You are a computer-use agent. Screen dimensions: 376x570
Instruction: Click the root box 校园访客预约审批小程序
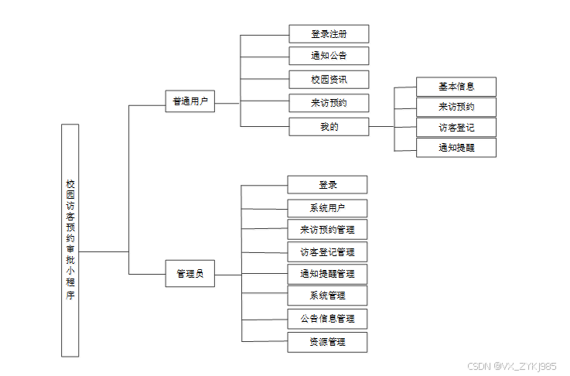[x=70, y=240]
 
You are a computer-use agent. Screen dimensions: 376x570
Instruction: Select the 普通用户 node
[x=189, y=101]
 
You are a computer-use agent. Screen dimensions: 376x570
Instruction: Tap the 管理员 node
[x=189, y=274]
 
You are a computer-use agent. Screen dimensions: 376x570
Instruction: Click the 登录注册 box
[x=329, y=34]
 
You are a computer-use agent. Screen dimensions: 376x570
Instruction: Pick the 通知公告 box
[x=329, y=56]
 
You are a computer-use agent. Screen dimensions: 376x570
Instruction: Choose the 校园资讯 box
[x=329, y=79]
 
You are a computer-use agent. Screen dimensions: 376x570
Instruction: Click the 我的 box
[x=329, y=126]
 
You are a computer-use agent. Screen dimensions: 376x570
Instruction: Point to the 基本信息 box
[x=456, y=87]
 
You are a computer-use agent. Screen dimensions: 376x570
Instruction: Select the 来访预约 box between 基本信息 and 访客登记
[x=456, y=107]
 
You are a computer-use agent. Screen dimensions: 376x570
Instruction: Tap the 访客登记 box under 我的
[x=456, y=128]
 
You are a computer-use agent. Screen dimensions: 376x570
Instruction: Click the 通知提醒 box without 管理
[x=456, y=148]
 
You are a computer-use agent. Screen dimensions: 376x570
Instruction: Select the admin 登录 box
[x=327, y=185]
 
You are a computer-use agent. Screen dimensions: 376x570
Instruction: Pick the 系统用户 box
[x=327, y=208]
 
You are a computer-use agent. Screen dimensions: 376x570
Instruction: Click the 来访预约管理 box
[x=327, y=230]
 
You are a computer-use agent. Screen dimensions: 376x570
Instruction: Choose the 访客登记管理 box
[x=327, y=252]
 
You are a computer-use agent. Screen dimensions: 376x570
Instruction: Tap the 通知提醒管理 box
[x=327, y=274]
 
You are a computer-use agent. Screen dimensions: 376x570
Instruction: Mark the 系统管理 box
[x=327, y=296]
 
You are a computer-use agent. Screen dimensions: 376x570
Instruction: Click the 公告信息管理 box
[x=327, y=319]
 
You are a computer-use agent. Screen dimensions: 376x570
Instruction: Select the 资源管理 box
[x=327, y=342]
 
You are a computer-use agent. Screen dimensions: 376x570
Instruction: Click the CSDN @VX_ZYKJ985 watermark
[x=512, y=366]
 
